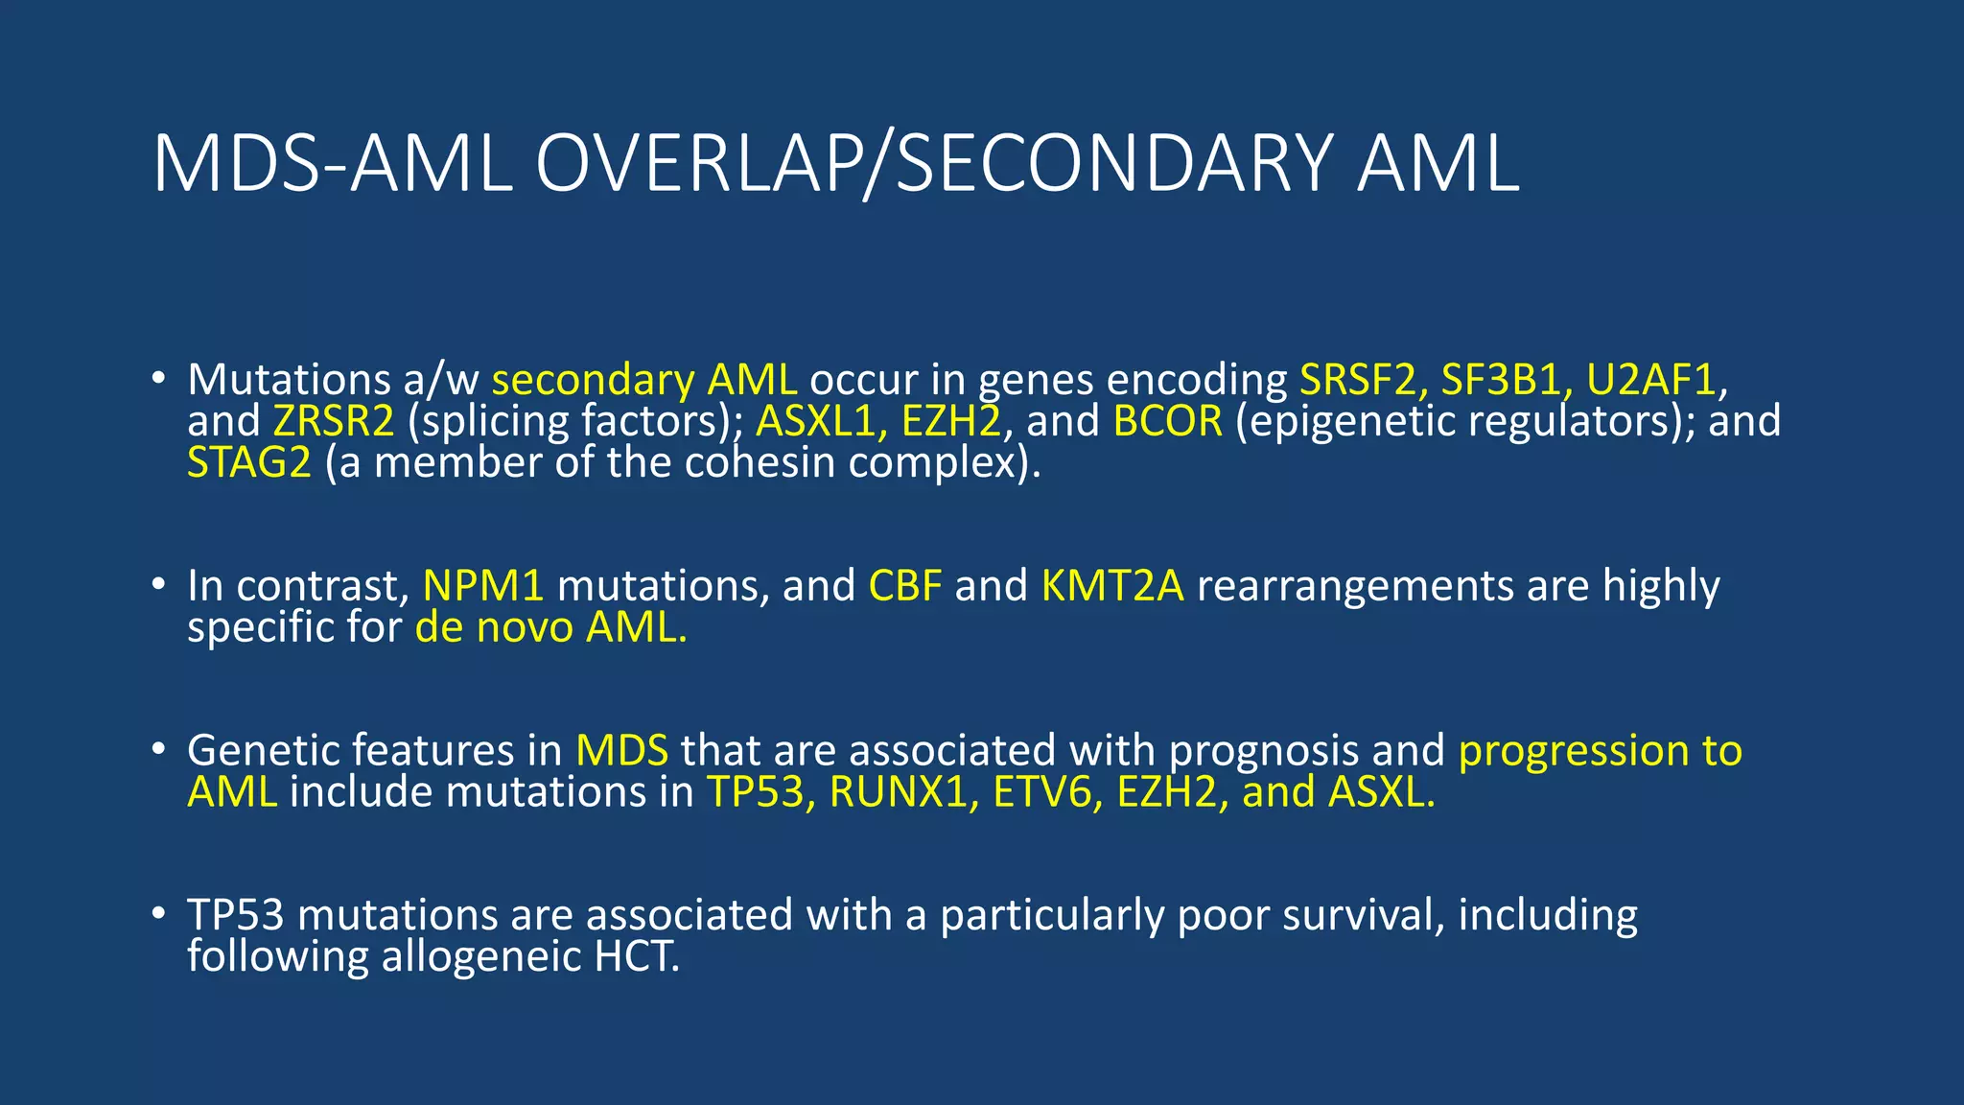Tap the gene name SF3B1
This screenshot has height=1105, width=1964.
[1502, 380]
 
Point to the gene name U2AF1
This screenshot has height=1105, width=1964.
[1650, 380]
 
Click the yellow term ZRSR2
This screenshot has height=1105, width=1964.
[334, 421]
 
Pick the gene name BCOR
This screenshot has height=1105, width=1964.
[1168, 421]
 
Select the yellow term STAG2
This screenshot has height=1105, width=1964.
[249, 462]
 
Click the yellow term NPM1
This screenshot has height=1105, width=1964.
[483, 586]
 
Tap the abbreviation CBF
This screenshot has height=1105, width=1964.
[905, 586]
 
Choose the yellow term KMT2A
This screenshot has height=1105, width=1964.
[1112, 586]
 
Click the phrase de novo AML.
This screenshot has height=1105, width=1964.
[550, 627]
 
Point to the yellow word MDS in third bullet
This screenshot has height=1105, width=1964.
[621, 750]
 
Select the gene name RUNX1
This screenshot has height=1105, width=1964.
[898, 792]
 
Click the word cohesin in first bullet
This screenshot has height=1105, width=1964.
[744, 462]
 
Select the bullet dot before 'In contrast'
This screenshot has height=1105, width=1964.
[158, 584]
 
